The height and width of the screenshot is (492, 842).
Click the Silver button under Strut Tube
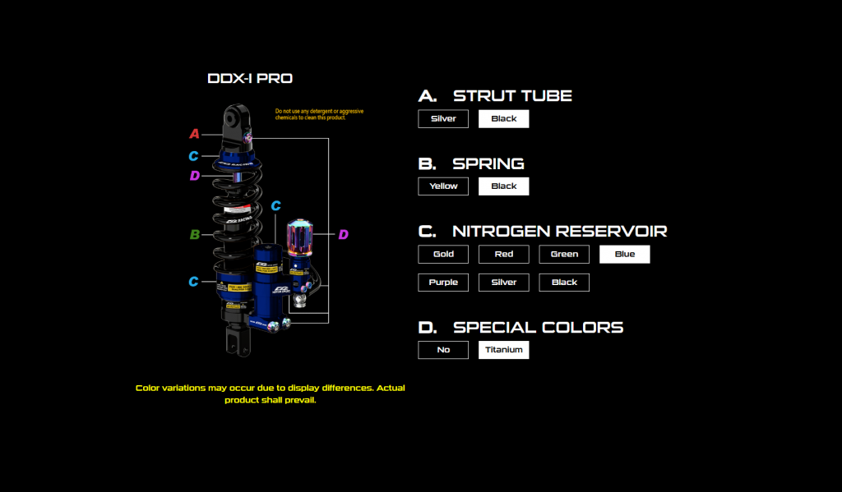click(443, 118)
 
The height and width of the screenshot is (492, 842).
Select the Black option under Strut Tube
click(504, 118)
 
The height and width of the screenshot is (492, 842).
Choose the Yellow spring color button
click(443, 186)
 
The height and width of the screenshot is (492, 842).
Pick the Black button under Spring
click(504, 186)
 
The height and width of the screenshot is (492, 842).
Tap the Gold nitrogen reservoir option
click(443, 254)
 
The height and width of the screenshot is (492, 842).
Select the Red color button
click(504, 254)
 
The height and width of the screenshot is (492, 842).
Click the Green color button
click(564, 254)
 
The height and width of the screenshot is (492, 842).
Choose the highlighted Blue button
click(625, 254)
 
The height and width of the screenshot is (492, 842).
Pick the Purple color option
click(443, 282)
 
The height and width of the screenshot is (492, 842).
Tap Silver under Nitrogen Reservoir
click(504, 282)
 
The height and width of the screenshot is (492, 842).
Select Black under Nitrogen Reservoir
click(564, 282)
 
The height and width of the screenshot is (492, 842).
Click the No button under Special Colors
click(443, 350)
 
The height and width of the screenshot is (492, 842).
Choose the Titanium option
click(504, 350)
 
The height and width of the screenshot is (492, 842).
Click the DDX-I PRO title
click(250, 79)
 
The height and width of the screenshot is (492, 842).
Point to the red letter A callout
click(195, 134)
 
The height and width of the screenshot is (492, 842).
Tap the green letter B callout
click(195, 235)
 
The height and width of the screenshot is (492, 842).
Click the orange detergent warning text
click(319, 114)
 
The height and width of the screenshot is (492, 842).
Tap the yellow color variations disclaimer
click(271, 393)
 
